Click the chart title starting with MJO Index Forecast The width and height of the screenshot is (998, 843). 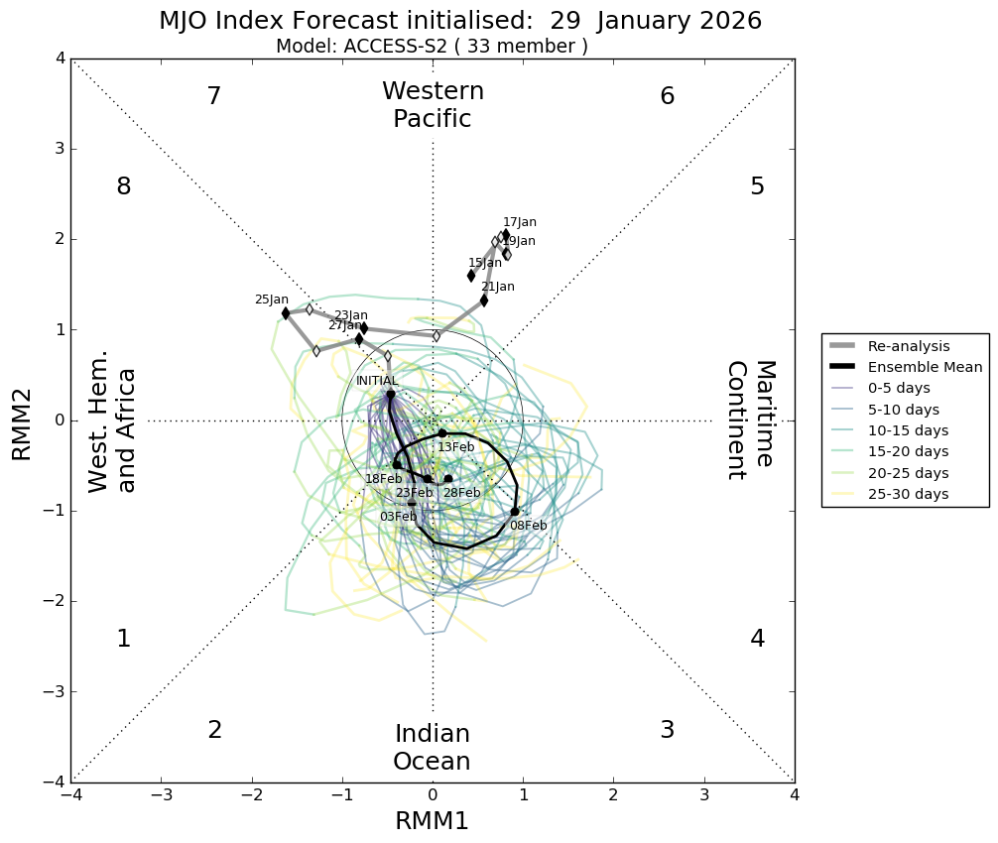(460, 21)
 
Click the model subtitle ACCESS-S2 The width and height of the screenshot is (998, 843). (432, 47)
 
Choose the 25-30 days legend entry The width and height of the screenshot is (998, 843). (908, 494)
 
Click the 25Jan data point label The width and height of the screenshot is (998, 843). (271, 300)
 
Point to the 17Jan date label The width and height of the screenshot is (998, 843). (519, 222)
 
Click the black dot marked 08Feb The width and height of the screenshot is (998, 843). (515, 512)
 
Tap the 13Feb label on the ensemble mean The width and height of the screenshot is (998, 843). (455, 447)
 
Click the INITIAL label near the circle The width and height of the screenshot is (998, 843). (377, 381)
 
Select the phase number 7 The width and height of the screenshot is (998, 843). (213, 96)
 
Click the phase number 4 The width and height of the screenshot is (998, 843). (757, 639)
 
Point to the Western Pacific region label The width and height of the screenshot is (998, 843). (433, 105)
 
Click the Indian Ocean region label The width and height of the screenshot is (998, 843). (432, 748)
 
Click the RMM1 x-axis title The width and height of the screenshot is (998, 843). (432, 821)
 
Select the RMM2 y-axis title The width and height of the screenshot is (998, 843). (22, 421)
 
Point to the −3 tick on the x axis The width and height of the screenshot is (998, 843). (162, 796)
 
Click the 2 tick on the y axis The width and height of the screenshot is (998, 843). (60, 239)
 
